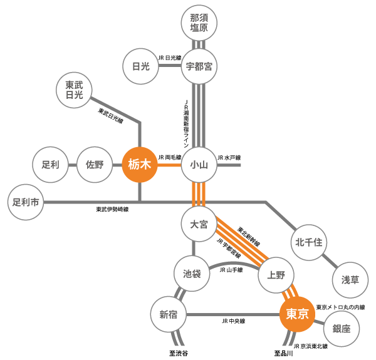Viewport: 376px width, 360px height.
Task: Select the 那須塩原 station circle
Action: (x=199, y=24)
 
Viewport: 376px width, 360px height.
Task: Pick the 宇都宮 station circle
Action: (x=199, y=68)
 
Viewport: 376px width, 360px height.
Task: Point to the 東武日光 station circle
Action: (x=74, y=90)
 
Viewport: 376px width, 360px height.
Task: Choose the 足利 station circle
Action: (x=50, y=165)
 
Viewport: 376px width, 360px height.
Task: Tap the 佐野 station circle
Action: (x=94, y=165)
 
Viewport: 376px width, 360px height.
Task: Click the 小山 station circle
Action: (x=199, y=165)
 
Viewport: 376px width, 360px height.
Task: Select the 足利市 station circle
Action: (x=26, y=202)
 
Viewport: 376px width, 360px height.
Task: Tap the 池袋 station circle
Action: (x=191, y=274)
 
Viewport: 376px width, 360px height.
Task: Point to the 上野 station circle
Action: (x=276, y=274)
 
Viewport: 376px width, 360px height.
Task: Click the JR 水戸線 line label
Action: (x=229, y=158)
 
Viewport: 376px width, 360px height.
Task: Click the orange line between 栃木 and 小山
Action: (x=169, y=165)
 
